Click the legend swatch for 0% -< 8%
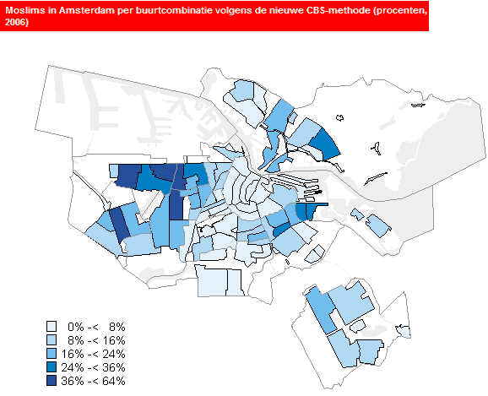pos(52,325)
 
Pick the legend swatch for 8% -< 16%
pos(52,339)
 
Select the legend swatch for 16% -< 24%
pos(52,353)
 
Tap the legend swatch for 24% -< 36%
pos(52,366)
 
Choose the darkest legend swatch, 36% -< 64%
pos(52,381)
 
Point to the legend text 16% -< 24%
pos(94,353)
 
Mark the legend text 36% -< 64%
pos(94,381)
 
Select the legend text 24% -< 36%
pos(94,366)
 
